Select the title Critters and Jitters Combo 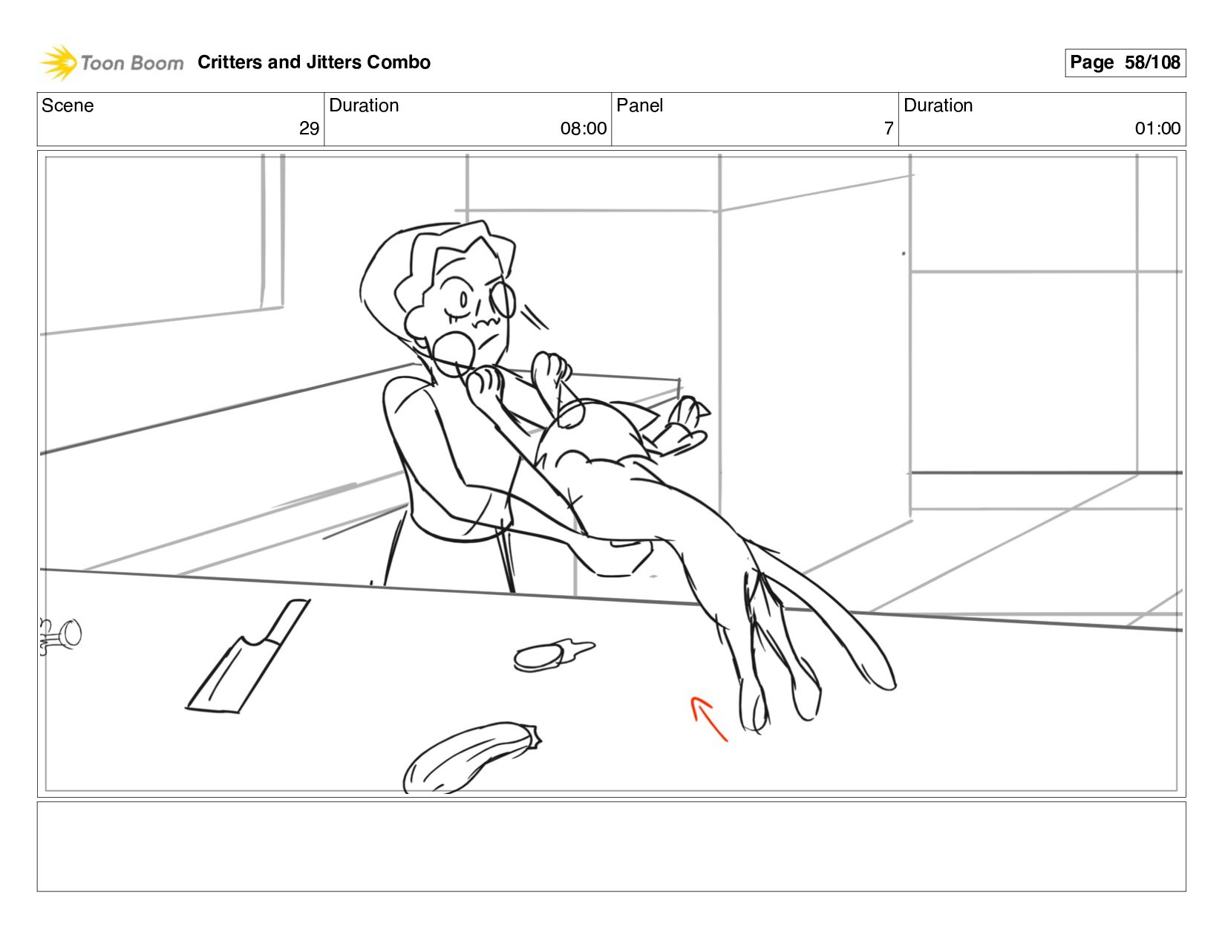tap(314, 62)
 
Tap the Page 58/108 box tap(1126, 62)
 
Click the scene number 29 tap(309, 128)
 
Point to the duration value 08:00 tap(584, 128)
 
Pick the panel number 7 tap(889, 128)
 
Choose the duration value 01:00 tap(1157, 128)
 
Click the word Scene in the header tap(68, 105)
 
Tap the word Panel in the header tap(639, 105)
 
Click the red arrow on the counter tap(708, 718)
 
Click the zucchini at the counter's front tap(471, 758)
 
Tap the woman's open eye tap(464, 299)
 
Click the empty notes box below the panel tap(612, 847)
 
